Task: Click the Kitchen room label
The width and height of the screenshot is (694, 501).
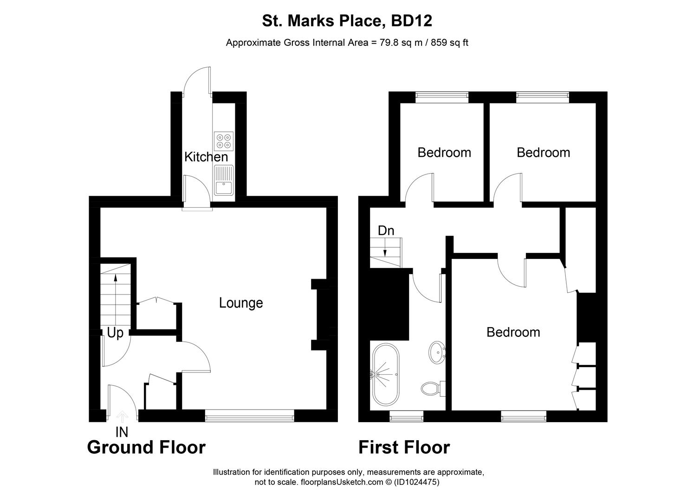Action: coord(206,157)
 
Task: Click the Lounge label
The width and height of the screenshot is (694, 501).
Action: coord(241,303)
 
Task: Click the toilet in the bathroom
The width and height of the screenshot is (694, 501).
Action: coord(432,388)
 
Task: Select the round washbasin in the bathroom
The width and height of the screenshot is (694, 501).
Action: coord(436,352)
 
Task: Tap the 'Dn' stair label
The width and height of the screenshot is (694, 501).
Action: coord(386,231)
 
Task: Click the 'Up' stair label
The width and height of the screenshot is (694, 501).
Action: coord(115,333)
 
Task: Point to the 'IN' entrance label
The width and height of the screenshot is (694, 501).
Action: coord(122,432)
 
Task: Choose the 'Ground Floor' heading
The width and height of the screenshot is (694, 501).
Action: coord(146,448)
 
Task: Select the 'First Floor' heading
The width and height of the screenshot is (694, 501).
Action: coord(404,448)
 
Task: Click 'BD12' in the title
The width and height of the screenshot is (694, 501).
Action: coord(412,21)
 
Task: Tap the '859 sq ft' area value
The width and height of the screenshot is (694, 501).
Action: coord(449,43)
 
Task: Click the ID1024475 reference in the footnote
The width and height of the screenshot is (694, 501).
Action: coord(416,482)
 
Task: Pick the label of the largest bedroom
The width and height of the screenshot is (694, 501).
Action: coord(513,332)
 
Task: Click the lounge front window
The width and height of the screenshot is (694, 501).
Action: coord(250,417)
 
